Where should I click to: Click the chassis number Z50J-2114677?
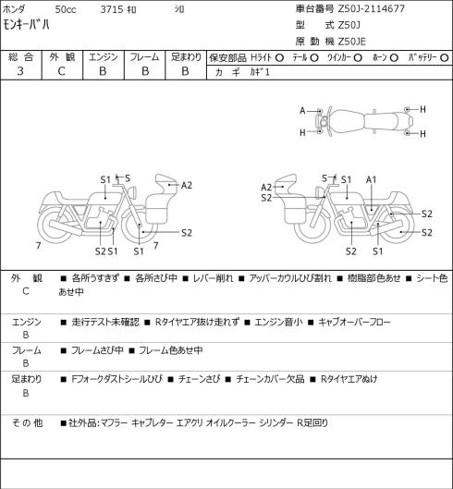[372, 8]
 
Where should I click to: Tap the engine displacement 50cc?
[66, 9]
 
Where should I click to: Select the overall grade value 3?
[20, 71]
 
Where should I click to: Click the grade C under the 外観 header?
[61, 71]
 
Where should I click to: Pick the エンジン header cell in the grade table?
[104, 57]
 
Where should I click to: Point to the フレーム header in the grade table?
[144, 57]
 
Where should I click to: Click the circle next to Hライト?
[279, 58]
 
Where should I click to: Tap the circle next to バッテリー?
[445, 58]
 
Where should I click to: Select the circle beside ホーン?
[394, 58]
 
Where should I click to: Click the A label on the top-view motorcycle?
[302, 111]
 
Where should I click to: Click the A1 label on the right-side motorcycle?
[371, 179]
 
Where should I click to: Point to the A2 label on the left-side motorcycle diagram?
[186, 185]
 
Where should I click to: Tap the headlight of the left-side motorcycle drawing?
[133, 191]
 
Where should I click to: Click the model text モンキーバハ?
[26, 24]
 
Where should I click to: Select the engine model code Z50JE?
[352, 42]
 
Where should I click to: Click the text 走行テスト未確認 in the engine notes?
[105, 322]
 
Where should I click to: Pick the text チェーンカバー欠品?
[270, 379]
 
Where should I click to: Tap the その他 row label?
[27, 422]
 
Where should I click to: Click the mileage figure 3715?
[112, 9]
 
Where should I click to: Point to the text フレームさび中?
[97, 350]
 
